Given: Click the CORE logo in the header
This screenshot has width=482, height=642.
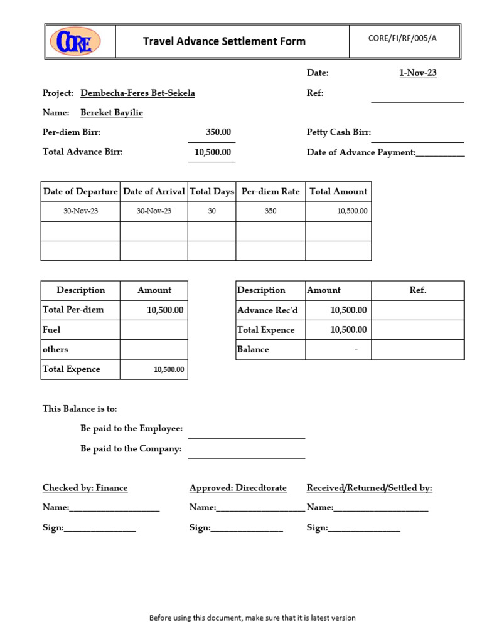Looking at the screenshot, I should coord(75,41).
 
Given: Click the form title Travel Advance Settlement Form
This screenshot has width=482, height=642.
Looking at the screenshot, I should coord(224,41).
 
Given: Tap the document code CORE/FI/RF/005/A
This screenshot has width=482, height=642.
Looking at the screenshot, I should coord(402,38).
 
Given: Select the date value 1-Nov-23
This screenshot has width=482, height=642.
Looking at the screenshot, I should coord(418,73).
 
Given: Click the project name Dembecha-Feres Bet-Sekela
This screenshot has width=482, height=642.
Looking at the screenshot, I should coord(137,93).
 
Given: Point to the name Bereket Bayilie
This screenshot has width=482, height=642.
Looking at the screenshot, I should coord(112,113).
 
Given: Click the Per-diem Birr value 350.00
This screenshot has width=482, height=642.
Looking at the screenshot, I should coord(218,132).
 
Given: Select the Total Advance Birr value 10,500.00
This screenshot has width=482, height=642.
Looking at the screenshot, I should coord(213,152).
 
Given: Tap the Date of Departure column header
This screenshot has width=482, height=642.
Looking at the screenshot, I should coord(80,192).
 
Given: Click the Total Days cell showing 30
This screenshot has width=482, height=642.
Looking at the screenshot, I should coord(212,211).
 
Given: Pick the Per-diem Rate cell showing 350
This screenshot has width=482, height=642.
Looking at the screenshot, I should coord(270,211).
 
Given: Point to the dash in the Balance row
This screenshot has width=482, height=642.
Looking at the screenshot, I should coord(356,350).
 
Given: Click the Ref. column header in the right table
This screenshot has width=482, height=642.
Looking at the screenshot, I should coord(417,290).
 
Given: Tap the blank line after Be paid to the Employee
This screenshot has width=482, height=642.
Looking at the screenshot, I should coord(246,433).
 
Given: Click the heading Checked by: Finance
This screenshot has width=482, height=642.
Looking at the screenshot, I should coord(85,488).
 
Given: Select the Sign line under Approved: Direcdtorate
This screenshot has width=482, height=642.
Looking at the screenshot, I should coord(247,529).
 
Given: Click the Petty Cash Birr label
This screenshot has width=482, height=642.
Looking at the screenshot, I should coord(339,132).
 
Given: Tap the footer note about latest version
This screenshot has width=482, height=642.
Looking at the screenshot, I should coord(252,618).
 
